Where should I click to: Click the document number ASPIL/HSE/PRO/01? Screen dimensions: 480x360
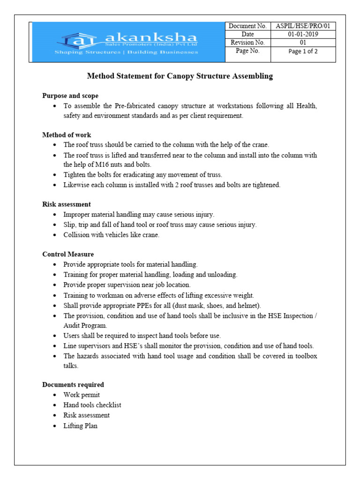click(x=303, y=26)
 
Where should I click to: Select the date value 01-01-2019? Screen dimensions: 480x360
click(x=303, y=34)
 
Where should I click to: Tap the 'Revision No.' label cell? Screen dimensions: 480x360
click(x=247, y=43)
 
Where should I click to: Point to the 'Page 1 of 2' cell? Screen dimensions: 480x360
click(x=303, y=52)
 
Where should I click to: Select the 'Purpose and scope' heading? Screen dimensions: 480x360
click(x=70, y=96)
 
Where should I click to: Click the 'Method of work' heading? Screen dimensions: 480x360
click(x=67, y=135)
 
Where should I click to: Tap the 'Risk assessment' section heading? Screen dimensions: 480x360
click(x=67, y=204)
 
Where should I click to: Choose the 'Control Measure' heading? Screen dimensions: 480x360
click(x=68, y=254)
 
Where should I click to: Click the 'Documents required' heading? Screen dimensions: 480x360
click(x=73, y=384)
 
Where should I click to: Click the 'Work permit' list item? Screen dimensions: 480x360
click(x=82, y=395)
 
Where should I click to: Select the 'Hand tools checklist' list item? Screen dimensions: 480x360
click(x=92, y=405)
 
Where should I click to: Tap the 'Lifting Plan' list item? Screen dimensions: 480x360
click(x=81, y=426)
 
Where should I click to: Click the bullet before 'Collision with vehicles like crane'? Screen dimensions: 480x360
click(x=55, y=235)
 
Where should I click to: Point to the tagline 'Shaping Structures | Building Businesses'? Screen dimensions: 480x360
click(x=127, y=52)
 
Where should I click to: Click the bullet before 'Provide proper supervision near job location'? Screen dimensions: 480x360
click(x=55, y=285)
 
